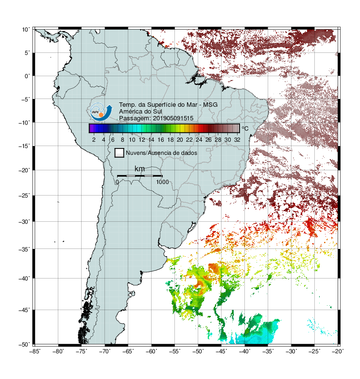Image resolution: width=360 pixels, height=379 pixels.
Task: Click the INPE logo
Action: point(101,112)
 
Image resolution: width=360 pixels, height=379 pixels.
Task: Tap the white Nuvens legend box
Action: point(119,153)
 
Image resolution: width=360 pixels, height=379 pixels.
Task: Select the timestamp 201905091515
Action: point(173,118)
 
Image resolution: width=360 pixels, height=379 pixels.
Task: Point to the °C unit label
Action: point(245,128)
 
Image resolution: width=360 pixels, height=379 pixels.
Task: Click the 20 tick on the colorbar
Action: point(180,140)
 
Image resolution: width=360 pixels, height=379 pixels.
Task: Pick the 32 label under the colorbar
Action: point(237,140)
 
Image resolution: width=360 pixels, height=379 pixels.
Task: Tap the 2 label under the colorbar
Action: point(94,140)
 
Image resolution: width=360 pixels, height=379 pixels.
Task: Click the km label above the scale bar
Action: point(139,169)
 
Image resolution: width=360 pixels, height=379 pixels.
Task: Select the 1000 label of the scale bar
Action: point(162,182)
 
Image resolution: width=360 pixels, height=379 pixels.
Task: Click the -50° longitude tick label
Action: point(198,351)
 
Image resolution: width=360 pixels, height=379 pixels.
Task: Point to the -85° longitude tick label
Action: point(35,351)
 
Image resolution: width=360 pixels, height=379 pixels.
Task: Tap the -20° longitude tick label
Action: point(338,351)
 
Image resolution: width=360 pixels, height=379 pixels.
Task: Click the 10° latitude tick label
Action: point(26,30)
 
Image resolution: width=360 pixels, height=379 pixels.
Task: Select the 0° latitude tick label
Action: point(27,76)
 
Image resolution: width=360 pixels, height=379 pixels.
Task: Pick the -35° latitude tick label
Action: point(24,249)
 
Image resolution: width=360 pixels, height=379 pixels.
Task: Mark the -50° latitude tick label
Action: point(24,345)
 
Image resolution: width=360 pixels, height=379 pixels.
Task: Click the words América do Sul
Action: point(140,112)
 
